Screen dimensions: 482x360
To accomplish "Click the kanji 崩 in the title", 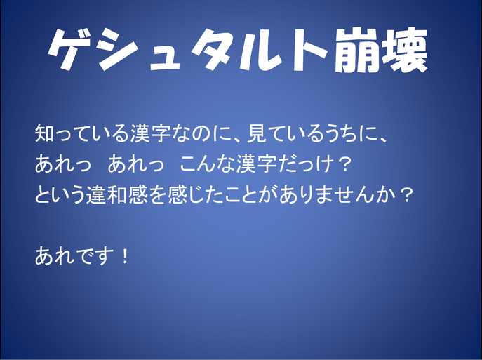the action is click(357, 50).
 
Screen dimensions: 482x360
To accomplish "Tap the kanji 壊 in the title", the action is click(405, 50).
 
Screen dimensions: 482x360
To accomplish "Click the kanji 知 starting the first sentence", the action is click(45, 133).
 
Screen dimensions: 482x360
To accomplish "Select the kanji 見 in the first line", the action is click(257, 133).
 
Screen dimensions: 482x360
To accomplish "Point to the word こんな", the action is click(208, 164).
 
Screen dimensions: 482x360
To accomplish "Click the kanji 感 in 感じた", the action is click(178, 194).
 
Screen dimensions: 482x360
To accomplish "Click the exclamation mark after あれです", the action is click(125, 256).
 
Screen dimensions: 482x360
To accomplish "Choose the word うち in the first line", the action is click(347, 133).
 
